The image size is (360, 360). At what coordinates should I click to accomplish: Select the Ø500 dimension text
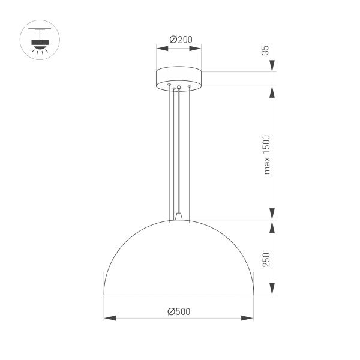coord(179,311)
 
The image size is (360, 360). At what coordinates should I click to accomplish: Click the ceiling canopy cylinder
coord(179,79)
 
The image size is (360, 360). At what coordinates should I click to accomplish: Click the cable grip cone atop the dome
coord(179,215)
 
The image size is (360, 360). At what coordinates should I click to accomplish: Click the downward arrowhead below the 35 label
coord(273,67)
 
